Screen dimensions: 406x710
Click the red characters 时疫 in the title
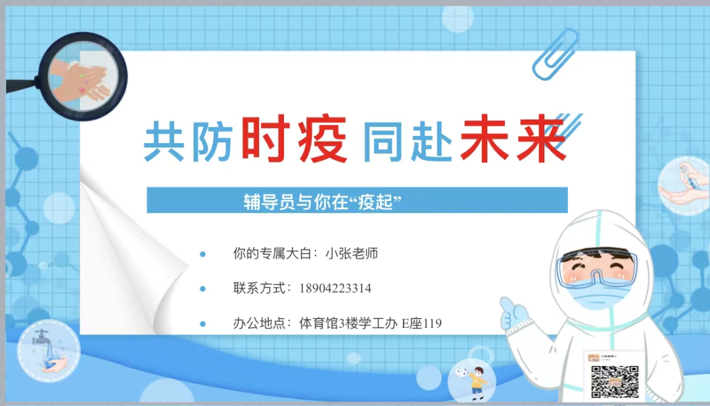coord(294,139)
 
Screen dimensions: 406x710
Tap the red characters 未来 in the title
coord(513,139)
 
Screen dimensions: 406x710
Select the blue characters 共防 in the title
coord(189,141)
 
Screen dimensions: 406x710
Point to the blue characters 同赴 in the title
coord(408,141)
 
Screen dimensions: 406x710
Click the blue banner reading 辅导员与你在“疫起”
coord(356,200)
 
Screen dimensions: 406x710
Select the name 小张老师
coord(352,254)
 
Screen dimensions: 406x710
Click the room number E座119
coord(421,323)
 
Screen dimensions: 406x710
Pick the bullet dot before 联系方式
coord(203,288)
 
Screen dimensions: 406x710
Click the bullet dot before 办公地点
coord(203,324)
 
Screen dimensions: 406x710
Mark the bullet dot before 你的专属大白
coord(203,254)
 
